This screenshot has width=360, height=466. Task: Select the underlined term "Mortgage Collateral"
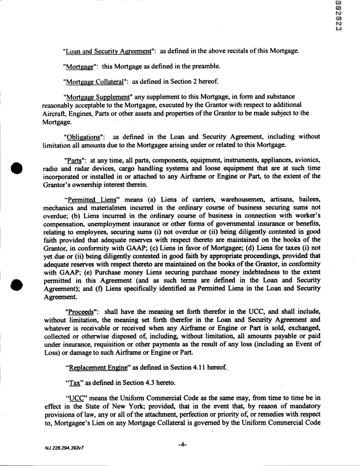click(x=92, y=82)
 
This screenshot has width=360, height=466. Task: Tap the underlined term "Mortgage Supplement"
click(x=94, y=97)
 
